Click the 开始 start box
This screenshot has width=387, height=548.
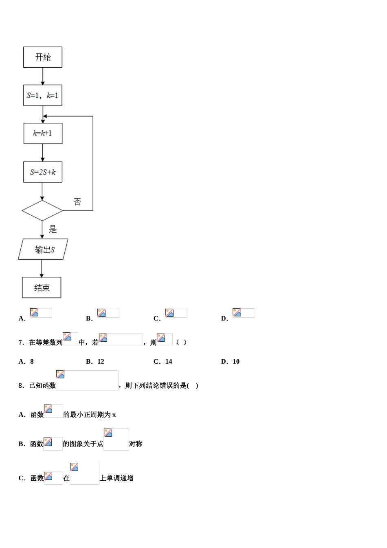point(43,57)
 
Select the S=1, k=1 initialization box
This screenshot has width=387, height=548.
point(43,95)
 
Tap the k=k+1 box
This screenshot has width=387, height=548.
point(43,133)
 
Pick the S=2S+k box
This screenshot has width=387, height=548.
point(43,172)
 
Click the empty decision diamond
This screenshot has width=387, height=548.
point(42,210)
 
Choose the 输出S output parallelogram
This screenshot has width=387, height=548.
point(43,249)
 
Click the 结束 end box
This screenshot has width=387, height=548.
point(42,287)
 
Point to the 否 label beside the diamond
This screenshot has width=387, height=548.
point(77,201)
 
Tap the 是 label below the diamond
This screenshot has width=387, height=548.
point(53,229)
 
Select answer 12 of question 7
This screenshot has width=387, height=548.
point(101,362)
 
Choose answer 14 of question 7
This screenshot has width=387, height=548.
point(169,362)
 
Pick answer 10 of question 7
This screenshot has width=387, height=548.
point(236,362)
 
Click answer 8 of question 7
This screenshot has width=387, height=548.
point(32,362)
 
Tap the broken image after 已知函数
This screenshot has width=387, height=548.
point(87,380)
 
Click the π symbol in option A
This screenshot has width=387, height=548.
point(114,415)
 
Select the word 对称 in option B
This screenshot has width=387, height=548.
point(136,444)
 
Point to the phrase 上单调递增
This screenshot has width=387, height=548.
point(117,478)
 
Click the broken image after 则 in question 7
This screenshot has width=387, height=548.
point(165,339)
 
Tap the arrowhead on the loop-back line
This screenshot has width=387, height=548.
point(45,116)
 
